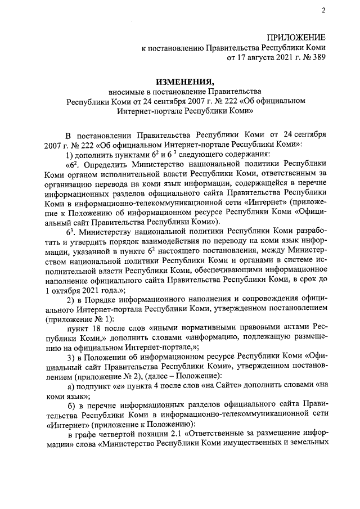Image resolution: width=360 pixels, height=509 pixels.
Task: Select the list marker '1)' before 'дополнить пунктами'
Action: point(70,155)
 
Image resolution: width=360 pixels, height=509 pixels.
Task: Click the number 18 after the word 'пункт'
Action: point(99,328)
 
